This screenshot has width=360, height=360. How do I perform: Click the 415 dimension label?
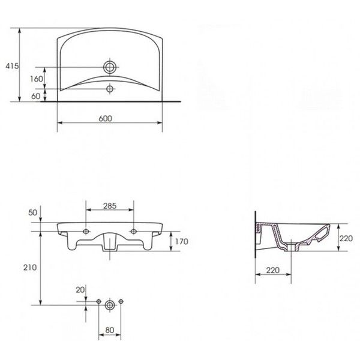coord(12,66)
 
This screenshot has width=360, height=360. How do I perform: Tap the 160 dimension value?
coord(37,79)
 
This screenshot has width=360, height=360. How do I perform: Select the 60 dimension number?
coord(36,96)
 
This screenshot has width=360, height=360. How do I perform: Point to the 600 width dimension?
coord(106,118)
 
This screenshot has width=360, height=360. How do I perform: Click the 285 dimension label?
coord(110,206)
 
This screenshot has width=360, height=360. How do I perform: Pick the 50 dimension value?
coord(32,212)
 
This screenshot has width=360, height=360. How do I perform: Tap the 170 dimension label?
coord(182,242)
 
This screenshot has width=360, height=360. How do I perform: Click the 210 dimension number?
coord(30,268)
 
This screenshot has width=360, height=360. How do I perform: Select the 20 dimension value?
coord(80,290)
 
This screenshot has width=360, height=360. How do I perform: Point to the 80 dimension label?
coord(110,330)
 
